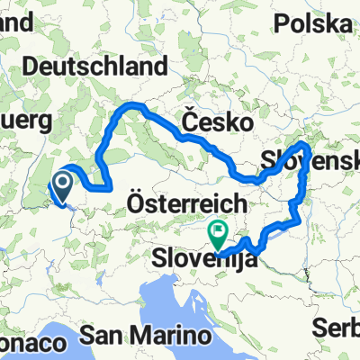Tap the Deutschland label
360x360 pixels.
(97, 66)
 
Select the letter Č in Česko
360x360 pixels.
(188, 121)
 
